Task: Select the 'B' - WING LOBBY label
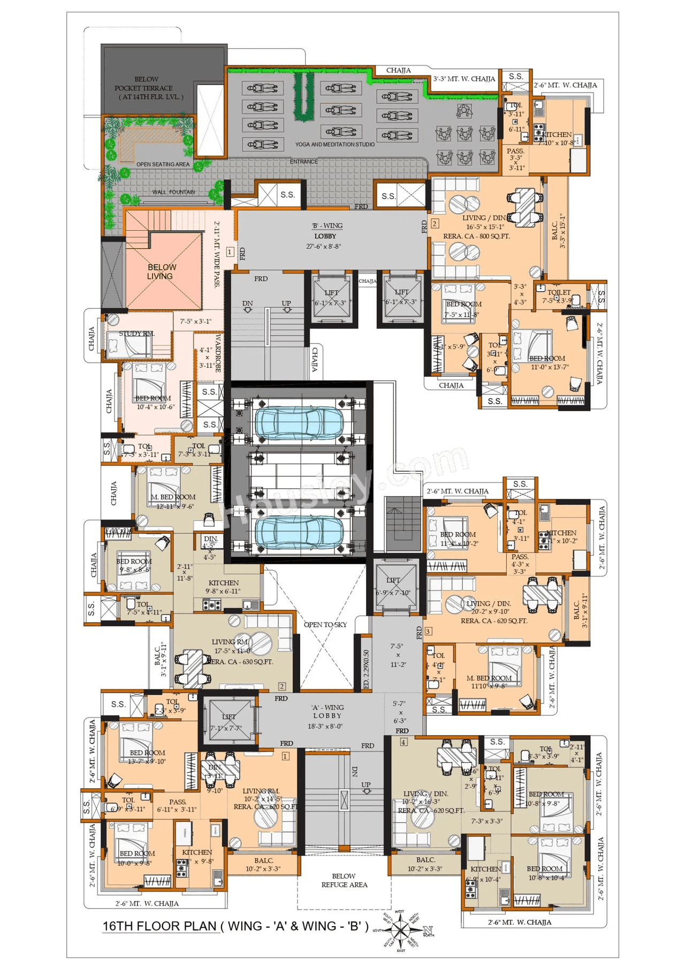[327, 231]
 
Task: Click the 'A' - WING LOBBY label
[327, 711]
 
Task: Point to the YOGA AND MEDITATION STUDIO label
[334, 145]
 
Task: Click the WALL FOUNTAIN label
[173, 192]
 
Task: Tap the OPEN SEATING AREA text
[163, 164]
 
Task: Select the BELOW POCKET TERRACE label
[148, 88]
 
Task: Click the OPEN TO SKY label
[325, 625]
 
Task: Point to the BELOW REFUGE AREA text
[344, 881]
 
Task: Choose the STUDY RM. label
[136, 334]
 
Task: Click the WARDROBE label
[218, 353]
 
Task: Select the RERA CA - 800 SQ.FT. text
[476, 236]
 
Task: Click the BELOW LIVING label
[161, 271]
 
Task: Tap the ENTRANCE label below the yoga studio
[303, 162]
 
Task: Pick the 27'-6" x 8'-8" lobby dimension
[323, 247]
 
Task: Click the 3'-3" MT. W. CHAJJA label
[464, 79]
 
